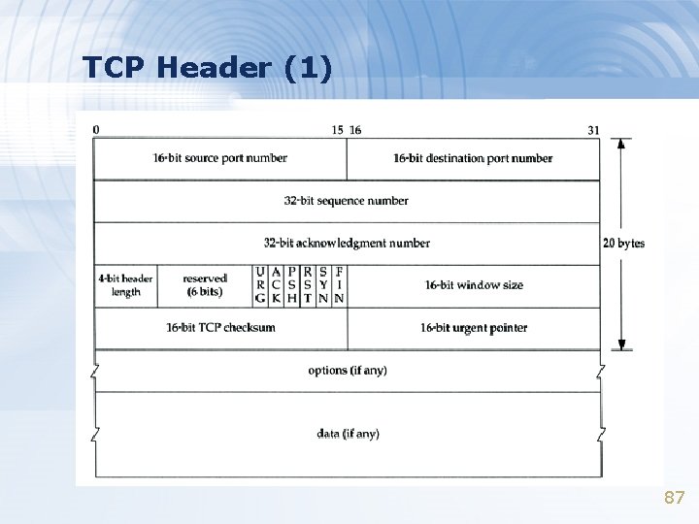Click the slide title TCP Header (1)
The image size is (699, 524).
click(207, 67)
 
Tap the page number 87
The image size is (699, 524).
click(674, 498)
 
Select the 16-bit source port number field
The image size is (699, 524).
click(220, 158)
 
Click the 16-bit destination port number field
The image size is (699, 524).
click(473, 158)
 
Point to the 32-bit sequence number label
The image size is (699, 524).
click(347, 201)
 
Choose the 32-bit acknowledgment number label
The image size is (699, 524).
click(347, 243)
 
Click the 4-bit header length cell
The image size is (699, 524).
click(125, 285)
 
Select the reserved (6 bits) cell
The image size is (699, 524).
click(204, 285)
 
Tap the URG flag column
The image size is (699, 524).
click(260, 285)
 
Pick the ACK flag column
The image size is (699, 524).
click(276, 285)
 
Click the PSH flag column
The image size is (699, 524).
click(291, 285)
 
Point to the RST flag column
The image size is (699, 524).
click(307, 285)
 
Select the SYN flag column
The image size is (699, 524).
click(322, 285)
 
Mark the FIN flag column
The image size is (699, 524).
click(338, 285)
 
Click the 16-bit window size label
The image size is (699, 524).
click(474, 285)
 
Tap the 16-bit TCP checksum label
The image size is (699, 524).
click(220, 327)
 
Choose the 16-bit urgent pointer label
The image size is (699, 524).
click(474, 328)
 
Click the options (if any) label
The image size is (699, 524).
click(348, 371)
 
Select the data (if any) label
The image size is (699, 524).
click(348, 434)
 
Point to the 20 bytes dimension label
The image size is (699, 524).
click(623, 243)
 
